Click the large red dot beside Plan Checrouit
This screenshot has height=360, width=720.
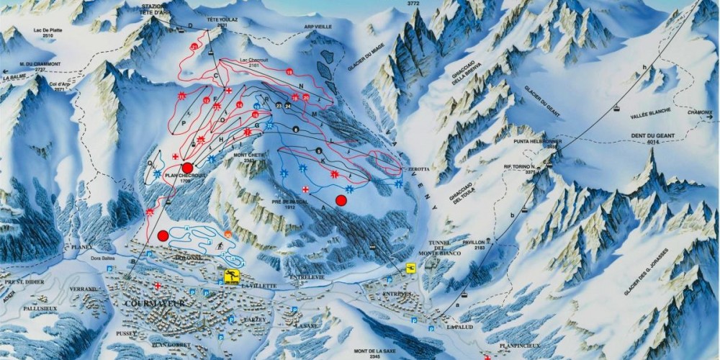(187, 168)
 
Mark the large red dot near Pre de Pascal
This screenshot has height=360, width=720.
(341, 200)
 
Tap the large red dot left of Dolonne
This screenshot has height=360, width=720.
(163, 235)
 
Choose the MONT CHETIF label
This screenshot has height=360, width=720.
(248, 155)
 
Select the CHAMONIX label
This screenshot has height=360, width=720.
(699, 112)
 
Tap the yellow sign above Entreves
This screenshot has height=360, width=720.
(410, 269)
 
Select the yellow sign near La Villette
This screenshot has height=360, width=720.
(232, 276)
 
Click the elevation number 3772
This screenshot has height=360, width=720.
(413, 4)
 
